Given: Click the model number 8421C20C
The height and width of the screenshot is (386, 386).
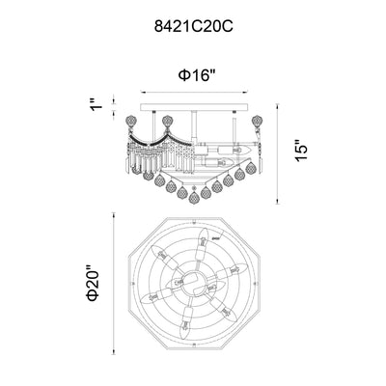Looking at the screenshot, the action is pyautogui.click(x=193, y=27).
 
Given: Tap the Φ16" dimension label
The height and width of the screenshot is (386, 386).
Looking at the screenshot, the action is pyautogui.click(x=197, y=75).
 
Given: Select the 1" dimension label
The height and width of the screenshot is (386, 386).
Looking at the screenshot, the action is pyautogui.click(x=96, y=103).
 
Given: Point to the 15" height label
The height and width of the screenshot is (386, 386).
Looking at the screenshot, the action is pyautogui.click(x=301, y=151).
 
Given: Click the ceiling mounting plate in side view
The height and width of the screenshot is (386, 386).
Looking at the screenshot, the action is pyautogui.click(x=194, y=107).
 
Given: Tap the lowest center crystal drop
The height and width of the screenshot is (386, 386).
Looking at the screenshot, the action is pyautogui.click(x=194, y=198).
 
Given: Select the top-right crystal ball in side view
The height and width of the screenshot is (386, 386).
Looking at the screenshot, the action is pyautogui.click(x=257, y=122).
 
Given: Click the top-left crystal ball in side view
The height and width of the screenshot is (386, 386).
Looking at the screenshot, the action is pyautogui.click(x=129, y=122).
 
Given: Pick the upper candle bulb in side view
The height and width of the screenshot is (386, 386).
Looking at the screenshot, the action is pyautogui.click(x=234, y=151).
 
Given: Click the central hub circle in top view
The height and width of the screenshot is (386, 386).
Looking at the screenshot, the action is pyautogui.click(x=191, y=281).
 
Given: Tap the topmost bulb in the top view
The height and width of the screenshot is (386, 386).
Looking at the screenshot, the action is pyautogui.click(x=202, y=243).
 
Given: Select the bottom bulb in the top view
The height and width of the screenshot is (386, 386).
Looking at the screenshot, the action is pyautogui.click(x=185, y=322).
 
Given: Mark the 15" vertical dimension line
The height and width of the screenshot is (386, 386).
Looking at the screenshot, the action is pyautogui.click(x=278, y=153).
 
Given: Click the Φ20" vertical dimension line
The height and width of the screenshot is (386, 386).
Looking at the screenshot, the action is pyautogui.click(x=114, y=284).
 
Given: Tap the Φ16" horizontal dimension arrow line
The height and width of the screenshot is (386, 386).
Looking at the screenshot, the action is pyautogui.click(x=194, y=93).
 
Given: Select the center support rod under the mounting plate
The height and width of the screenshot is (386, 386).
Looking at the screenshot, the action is pyautogui.click(x=194, y=126).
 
